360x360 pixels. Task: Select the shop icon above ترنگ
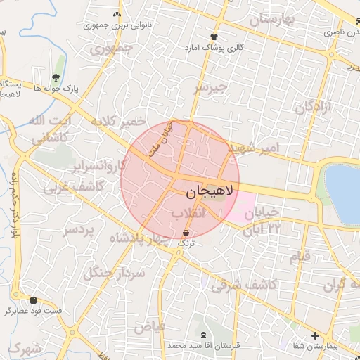pyautogui.click(x=186, y=232)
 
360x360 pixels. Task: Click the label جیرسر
pyautogui.click(x=212, y=88)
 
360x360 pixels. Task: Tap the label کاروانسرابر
pyautogui.click(x=98, y=167)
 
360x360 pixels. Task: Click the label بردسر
pyautogui.click(x=79, y=230)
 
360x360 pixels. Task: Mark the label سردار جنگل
pyautogui.click(x=113, y=273)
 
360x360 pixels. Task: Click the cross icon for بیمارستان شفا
pyautogui.click(x=315, y=335)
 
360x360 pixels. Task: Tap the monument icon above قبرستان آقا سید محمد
pyautogui.click(x=204, y=335)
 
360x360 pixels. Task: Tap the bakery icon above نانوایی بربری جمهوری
pyautogui.click(x=117, y=14)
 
